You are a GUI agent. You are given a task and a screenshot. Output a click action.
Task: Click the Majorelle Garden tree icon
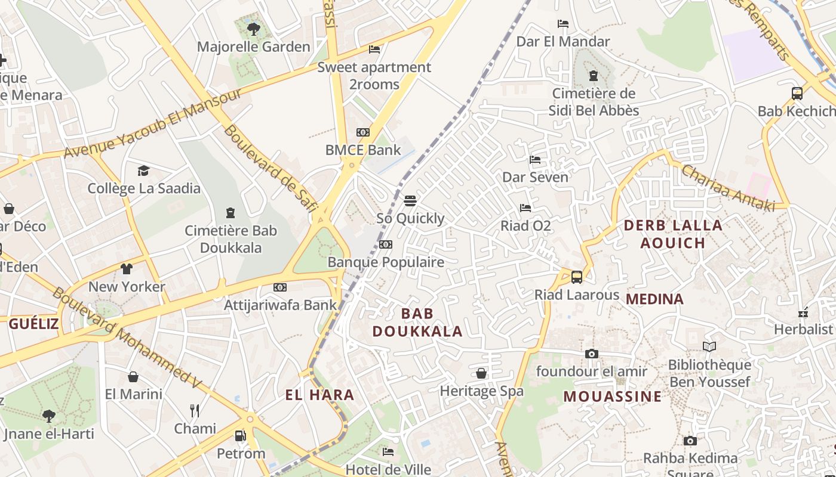(254, 28)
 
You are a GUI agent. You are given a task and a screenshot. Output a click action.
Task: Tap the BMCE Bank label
(363, 150)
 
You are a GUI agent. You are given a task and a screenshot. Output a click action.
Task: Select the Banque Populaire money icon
(386, 244)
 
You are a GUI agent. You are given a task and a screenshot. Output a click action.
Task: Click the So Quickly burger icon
(410, 200)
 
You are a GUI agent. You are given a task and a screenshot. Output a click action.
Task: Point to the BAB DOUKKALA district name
(417, 323)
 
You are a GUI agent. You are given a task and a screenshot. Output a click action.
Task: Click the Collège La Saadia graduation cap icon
(143, 171)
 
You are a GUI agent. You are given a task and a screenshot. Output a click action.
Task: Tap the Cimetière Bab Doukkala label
(230, 239)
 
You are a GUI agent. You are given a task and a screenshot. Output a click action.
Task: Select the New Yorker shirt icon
(127, 269)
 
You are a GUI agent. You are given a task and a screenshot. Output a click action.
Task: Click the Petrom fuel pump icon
(240, 436)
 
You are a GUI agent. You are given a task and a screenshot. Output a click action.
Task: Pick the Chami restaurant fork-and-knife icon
(195, 410)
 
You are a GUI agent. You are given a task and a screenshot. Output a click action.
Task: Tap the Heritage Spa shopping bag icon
(481, 373)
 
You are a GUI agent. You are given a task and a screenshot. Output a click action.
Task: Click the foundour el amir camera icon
(591, 354)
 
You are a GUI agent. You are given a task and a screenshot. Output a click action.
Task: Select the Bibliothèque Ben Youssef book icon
(709, 346)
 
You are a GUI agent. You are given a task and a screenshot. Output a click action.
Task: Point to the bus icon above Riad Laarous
(576, 277)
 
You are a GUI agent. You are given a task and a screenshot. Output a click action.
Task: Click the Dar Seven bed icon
(535, 160)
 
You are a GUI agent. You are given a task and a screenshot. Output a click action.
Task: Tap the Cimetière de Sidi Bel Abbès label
(594, 102)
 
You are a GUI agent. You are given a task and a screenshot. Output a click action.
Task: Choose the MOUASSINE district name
(612, 397)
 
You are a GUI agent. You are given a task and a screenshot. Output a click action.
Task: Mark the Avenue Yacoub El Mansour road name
(153, 123)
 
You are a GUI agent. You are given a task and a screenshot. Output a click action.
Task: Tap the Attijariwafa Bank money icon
(280, 287)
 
